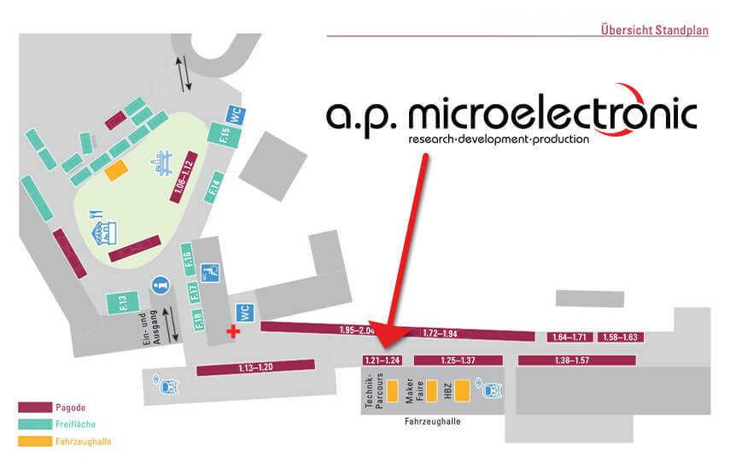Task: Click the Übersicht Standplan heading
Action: (654, 30)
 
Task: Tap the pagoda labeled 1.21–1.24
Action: (383, 360)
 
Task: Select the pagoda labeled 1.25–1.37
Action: (458, 360)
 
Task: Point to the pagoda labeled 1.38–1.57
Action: (577, 360)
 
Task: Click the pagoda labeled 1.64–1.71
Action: (569, 337)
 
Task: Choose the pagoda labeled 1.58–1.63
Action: (621, 337)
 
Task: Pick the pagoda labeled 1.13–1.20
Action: (255, 367)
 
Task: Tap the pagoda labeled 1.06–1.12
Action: (184, 177)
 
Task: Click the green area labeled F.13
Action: (123, 303)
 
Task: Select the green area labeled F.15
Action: (225, 135)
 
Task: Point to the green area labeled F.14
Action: (214, 187)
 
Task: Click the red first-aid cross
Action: (233, 332)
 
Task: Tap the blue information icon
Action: (161, 285)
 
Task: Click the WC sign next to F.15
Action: (236, 115)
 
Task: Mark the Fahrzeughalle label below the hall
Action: (433, 421)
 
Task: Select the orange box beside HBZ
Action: (462, 391)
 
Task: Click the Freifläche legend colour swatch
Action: (35, 424)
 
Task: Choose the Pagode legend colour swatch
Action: (35, 407)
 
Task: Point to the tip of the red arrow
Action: (386, 348)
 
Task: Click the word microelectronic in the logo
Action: (552, 112)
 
